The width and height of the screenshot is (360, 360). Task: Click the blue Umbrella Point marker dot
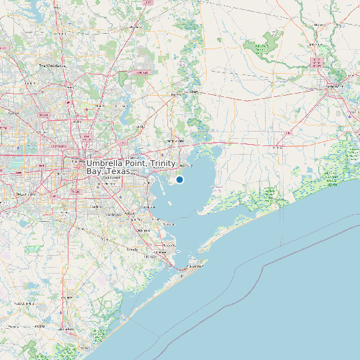(x=179, y=179)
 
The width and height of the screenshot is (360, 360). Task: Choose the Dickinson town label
(x=141, y=230)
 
